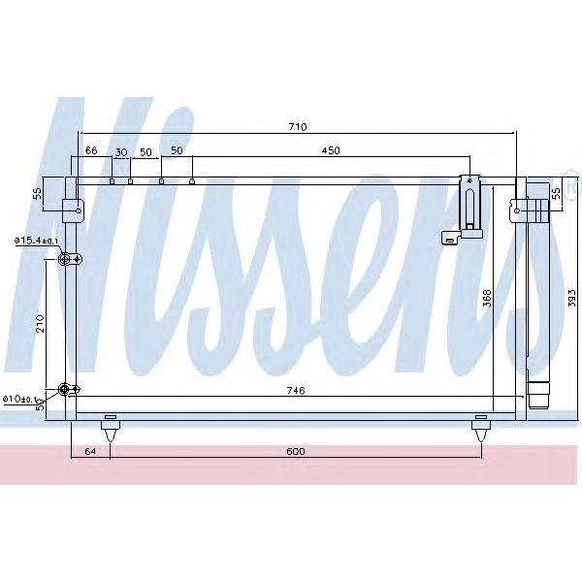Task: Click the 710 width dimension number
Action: tap(297, 127)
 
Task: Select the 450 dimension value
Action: tap(331, 150)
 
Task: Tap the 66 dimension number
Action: tap(91, 150)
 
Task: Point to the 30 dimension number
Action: tap(121, 151)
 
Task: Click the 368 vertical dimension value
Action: tap(487, 300)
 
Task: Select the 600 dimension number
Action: tap(296, 451)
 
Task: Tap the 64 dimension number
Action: tap(90, 451)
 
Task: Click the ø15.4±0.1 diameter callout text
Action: tap(36, 241)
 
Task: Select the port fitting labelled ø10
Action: tap(67, 389)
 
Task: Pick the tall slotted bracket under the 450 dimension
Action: tap(471, 203)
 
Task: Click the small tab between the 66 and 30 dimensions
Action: tap(113, 179)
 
